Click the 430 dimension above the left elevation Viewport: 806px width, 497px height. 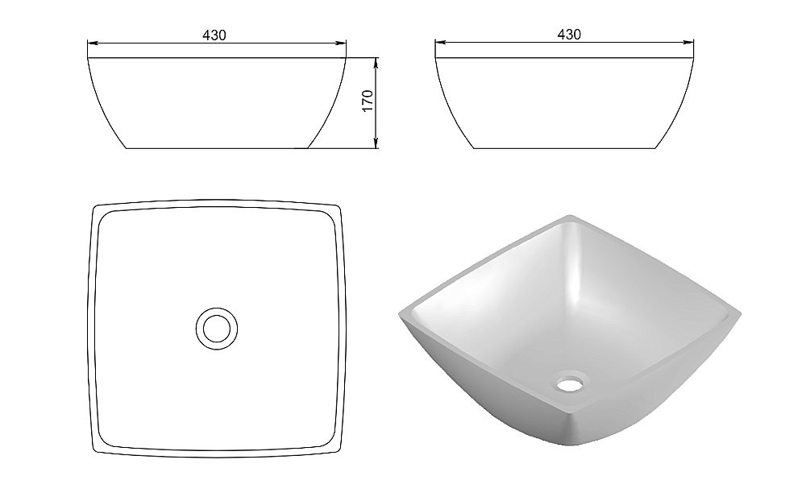tap(214, 35)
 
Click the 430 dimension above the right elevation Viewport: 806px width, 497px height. tap(569, 35)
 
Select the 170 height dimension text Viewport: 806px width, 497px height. tap(368, 101)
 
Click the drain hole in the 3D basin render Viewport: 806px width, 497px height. tap(569, 383)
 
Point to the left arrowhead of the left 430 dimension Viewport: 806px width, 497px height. tap(93, 43)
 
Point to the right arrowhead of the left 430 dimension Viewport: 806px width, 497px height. tap(341, 43)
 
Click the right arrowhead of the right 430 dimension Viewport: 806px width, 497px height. tap(689, 42)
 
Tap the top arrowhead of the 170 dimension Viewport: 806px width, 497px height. tap(376, 63)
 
